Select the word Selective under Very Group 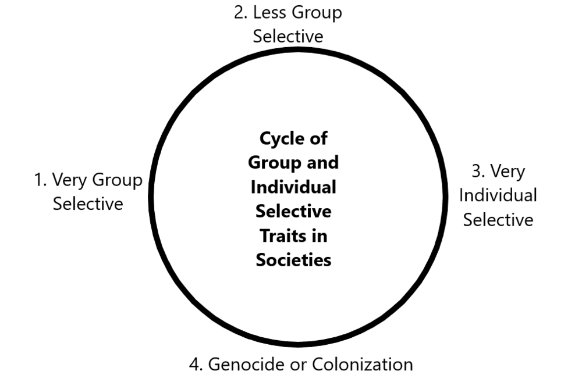[x=88, y=204]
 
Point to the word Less [x=271, y=13]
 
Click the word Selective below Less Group [x=288, y=36]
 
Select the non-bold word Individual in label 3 [x=498, y=195]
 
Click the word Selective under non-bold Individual [x=498, y=220]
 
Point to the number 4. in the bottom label [x=196, y=365]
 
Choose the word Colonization [x=363, y=365]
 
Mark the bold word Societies [x=293, y=259]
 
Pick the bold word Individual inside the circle [x=293, y=187]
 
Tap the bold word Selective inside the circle [x=293, y=211]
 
